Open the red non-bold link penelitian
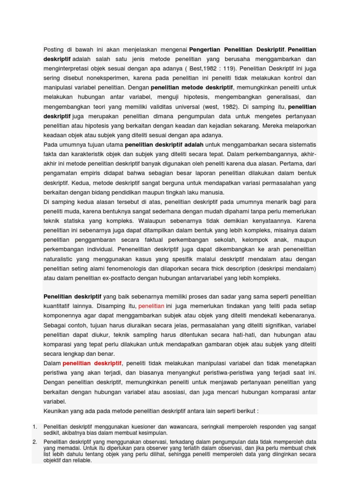point(151,306)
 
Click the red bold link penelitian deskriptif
point(92,363)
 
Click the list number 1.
point(35,427)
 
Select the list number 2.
point(35,442)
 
